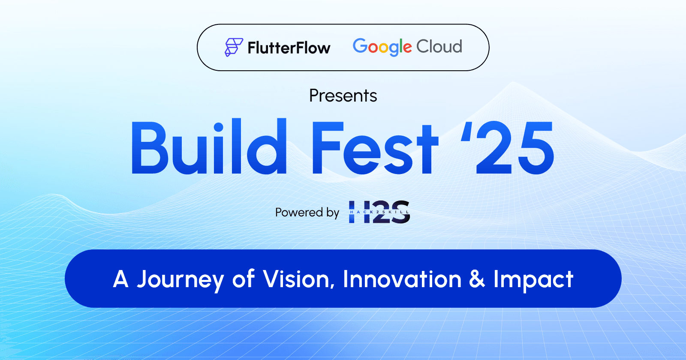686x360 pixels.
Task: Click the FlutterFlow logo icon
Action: [234, 47]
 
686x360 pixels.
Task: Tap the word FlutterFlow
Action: [289, 48]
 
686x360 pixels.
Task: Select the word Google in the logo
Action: [382, 47]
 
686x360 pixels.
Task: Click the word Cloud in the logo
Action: [439, 46]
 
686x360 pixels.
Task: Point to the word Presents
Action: [343, 96]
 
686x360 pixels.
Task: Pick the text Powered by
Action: [307, 213]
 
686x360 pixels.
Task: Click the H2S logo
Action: [379, 212]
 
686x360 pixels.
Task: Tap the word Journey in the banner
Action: [181, 280]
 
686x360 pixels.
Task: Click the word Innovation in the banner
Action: [402, 279]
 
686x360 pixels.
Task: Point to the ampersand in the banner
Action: [477, 279]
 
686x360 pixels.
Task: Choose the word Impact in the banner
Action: [533, 280]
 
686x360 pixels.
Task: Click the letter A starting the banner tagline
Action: [121, 279]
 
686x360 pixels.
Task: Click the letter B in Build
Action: [150, 148]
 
